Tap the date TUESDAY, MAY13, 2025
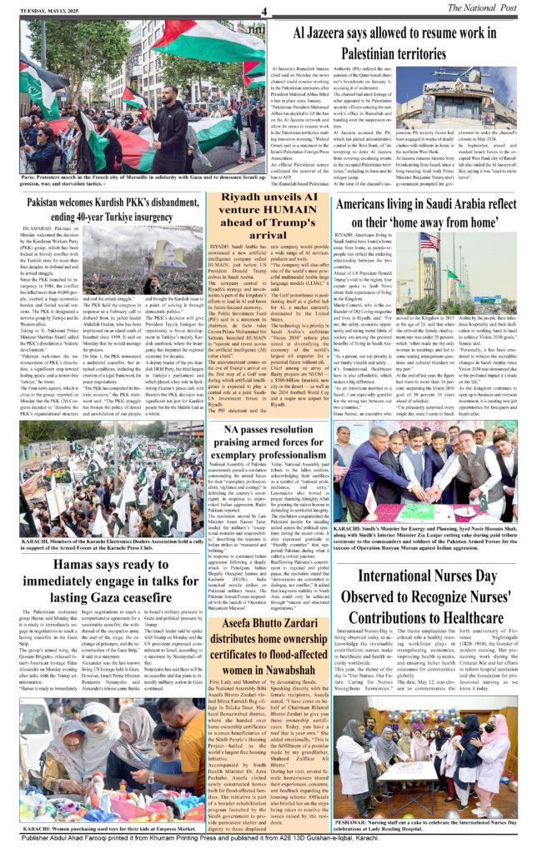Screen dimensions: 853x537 coord(41,9)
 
